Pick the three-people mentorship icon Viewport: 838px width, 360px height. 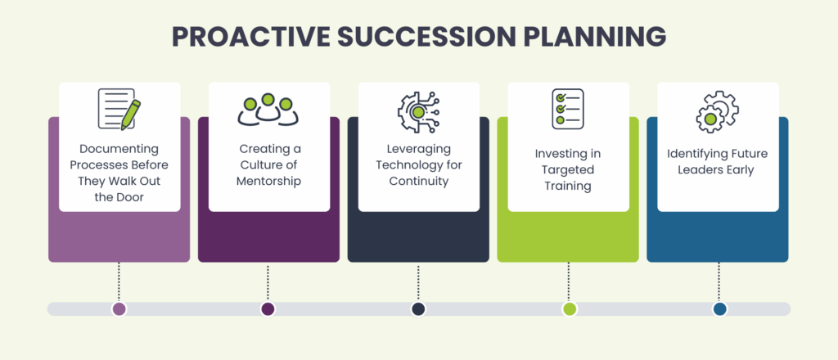click(x=268, y=110)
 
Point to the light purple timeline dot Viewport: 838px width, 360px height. click(x=119, y=308)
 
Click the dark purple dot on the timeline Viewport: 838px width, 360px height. click(x=268, y=308)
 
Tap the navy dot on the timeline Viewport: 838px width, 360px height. click(x=418, y=308)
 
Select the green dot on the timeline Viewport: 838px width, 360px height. click(x=570, y=308)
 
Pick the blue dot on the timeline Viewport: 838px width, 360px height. click(x=719, y=308)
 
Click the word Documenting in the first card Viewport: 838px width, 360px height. click(x=119, y=150)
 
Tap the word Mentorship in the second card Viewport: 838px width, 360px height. click(x=269, y=180)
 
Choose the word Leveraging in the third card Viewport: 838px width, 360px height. click(x=418, y=150)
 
